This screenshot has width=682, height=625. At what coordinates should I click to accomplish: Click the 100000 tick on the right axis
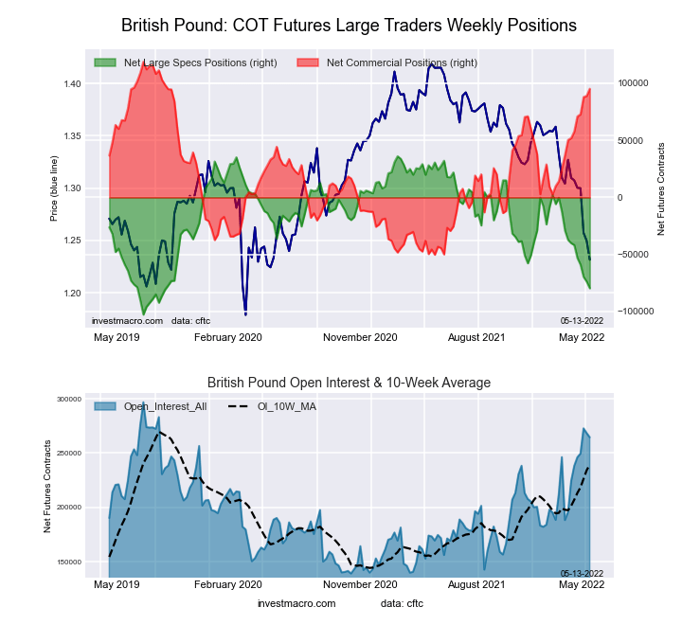tap(634, 83)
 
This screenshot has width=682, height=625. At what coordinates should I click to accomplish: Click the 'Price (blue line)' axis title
tap(55, 188)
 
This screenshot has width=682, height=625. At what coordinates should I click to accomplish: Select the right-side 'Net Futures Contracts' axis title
tap(661, 188)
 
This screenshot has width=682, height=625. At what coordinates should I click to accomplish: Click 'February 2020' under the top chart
tap(227, 336)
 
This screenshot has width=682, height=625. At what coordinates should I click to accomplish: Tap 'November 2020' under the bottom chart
tap(360, 585)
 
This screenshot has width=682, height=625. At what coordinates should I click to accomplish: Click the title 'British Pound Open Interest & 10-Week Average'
tap(350, 383)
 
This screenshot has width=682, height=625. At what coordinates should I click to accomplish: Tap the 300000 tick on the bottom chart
tap(68, 400)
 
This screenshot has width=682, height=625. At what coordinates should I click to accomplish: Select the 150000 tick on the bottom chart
tap(68, 562)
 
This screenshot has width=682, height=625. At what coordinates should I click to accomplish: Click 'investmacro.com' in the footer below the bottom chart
tap(296, 603)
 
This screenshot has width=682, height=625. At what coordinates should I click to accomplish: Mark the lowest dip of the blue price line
tap(245, 313)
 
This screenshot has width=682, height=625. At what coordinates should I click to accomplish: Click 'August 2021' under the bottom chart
tap(476, 585)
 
